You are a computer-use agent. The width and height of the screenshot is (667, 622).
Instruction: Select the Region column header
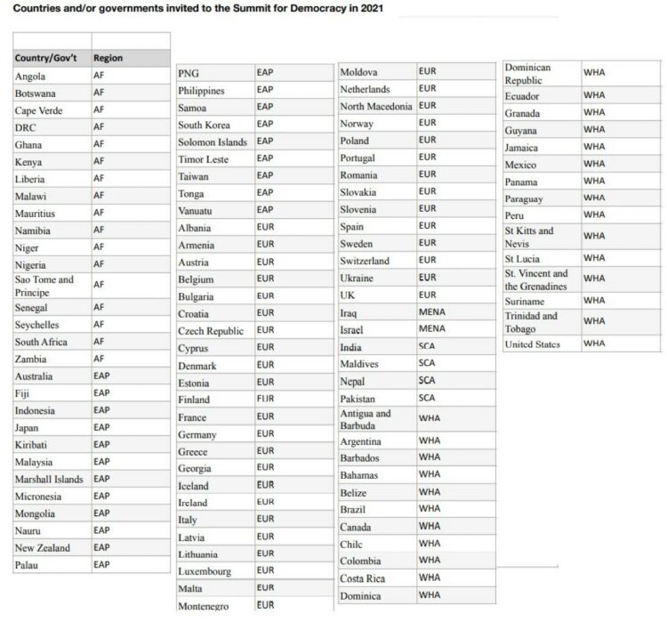click(108, 59)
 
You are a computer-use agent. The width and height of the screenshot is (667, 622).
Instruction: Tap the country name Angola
click(30, 77)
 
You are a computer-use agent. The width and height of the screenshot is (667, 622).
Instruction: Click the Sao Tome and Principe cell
click(44, 286)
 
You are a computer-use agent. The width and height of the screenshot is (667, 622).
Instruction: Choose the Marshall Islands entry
click(49, 480)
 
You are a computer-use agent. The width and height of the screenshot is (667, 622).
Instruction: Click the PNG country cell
click(189, 73)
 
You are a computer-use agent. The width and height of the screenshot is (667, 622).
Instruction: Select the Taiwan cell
click(194, 176)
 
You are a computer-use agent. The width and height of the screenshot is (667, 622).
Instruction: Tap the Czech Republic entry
click(211, 331)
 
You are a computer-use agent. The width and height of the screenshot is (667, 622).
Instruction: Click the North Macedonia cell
click(376, 107)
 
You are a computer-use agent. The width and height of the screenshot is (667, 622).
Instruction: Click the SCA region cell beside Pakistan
click(428, 399)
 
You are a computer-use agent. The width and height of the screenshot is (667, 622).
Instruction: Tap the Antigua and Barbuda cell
click(366, 420)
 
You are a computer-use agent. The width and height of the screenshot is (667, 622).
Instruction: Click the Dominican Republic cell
click(528, 74)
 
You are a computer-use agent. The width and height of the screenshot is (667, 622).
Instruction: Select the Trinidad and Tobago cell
click(531, 322)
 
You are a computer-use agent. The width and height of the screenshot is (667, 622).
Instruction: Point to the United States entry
click(532, 344)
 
